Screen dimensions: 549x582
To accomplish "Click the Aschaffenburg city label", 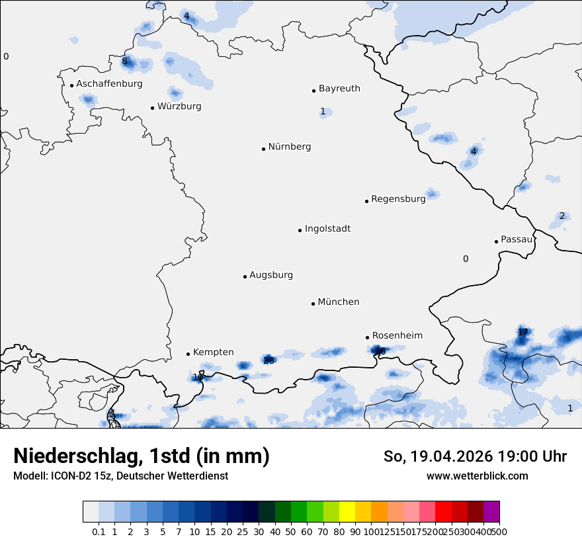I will click(x=109, y=84).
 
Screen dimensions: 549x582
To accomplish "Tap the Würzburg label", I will click(x=179, y=106).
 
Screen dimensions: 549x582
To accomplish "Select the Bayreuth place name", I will click(x=339, y=89).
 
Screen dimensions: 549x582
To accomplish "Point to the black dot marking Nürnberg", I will click(x=263, y=149).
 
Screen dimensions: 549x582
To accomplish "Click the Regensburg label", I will click(x=398, y=199).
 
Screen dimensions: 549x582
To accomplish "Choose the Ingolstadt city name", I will click(x=327, y=229).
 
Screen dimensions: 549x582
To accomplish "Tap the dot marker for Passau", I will click(x=496, y=241).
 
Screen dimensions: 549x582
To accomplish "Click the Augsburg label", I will click(x=271, y=275).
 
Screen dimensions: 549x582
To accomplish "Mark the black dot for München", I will click(x=313, y=304).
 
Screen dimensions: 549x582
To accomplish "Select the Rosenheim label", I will click(x=397, y=336).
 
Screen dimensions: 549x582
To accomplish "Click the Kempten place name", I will click(x=213, y=353).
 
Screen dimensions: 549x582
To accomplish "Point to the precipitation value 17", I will click(x=522, y=332).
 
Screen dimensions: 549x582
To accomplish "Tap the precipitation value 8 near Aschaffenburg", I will click(x=124, y=62).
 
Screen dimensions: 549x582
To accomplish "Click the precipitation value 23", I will click(x=269, y=360).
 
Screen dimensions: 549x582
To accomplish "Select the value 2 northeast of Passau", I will click(x=562, y=216).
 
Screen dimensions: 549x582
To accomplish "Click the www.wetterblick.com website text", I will click(x=477, y=476).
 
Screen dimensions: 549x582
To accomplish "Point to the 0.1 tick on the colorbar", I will click(x=99, y=531).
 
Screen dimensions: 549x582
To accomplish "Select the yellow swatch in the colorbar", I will click(x=347, y=512).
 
